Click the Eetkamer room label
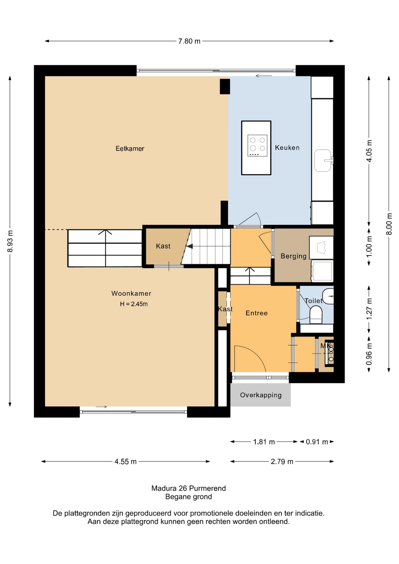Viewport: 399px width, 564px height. [x=130, y=149]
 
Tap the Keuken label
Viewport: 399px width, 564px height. [x=287, y=148]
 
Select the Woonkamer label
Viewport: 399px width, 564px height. [x=131, y=293]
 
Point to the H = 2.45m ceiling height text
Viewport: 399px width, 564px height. [x=134, y=304]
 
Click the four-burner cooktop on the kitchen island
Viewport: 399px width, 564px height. [x=257, y=145]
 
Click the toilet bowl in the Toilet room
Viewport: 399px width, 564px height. [x=316, y=315]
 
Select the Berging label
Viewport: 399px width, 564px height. [x=294, y=256]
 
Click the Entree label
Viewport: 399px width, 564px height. [x=256, y=313]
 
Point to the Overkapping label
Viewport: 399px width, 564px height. [x=261, y=395]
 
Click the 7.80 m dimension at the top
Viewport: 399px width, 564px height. [x=189, y=41]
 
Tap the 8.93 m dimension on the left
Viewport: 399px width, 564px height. [x=10, y=241]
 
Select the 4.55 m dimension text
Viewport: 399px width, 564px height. [x=125, y=461]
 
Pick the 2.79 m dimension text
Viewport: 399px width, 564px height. [x=282, y=461]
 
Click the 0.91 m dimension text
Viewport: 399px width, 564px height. [x=317, y=442]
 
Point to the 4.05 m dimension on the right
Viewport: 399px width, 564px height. [x=369, y=151]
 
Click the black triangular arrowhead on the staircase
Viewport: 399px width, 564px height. [x=190, y=246]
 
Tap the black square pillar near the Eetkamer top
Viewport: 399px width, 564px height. [x=225, y=86]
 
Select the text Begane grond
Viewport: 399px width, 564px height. [x=189, y=497]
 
